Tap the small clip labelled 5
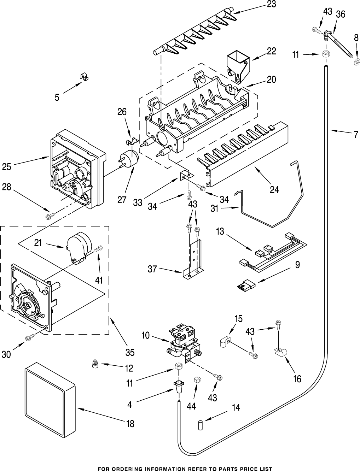83,76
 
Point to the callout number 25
7,166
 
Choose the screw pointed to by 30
29,338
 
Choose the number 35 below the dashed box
130,352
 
